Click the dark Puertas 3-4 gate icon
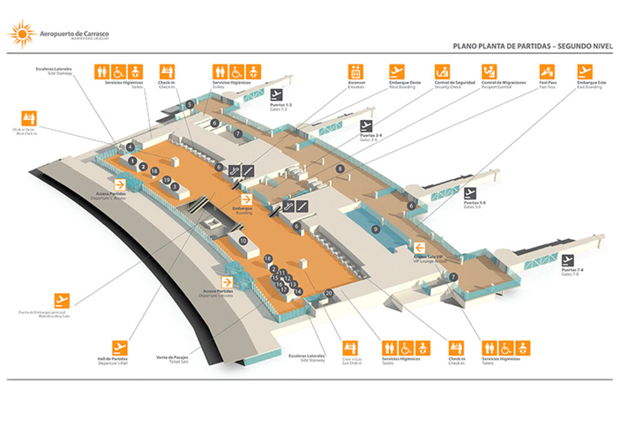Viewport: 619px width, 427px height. pyautogui.click(x=367, y=125)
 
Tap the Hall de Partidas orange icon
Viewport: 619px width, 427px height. pyautogui.click(x=119, y=345)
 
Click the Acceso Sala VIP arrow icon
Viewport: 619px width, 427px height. pyautogui.click(x=421, y=247)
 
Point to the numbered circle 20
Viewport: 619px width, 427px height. pyautogui.click(x=328, y=292)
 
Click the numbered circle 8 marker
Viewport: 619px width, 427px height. pyautogui.click(x=339, y=169)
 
